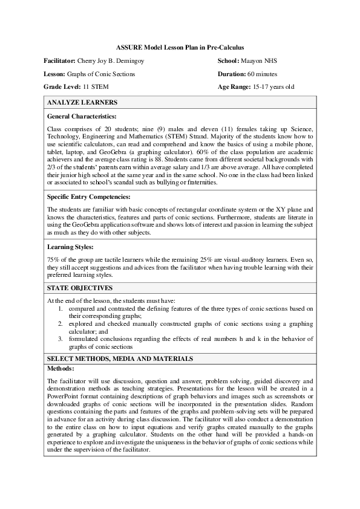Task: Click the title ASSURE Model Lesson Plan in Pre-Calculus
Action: click(x=180, y=47)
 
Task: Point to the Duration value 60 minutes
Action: click(x=266, y=74)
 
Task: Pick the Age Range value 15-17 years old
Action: click(x=273, y=86)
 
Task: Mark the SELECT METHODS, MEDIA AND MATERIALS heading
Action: click(x=120, y=358)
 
